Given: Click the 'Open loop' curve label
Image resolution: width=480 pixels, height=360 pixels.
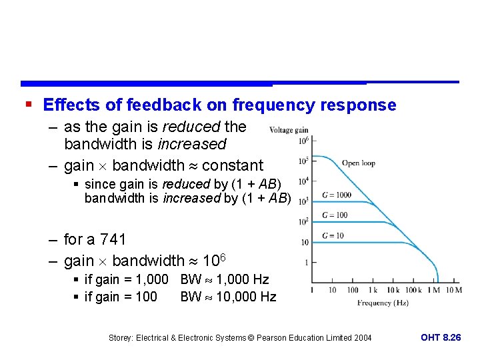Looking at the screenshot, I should point(358,163).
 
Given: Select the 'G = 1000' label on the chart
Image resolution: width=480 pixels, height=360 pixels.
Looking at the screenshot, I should point(336,195).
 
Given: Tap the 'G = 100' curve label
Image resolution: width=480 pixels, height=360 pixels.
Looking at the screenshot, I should point(334,215).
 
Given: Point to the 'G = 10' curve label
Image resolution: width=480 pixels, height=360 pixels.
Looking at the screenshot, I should point(332,235).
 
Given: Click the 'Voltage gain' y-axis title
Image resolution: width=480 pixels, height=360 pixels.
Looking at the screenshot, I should point(288,130).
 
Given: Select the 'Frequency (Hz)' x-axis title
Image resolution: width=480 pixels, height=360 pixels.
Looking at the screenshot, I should point(383,303).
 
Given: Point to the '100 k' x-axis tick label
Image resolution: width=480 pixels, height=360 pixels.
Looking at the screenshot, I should point(413,290).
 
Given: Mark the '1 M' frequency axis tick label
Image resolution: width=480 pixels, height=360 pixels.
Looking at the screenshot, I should point(433,290).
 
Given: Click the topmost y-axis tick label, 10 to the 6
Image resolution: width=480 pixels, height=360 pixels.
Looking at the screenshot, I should point(303,141).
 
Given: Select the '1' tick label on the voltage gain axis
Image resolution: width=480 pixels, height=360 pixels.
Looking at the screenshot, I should point(306,263).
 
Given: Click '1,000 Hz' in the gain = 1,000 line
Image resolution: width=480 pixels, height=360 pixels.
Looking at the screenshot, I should point(243,279).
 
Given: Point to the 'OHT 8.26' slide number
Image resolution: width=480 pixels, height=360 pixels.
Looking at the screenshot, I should point(441,337).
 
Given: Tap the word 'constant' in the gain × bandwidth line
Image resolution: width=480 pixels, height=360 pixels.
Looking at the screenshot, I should point(233,165).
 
